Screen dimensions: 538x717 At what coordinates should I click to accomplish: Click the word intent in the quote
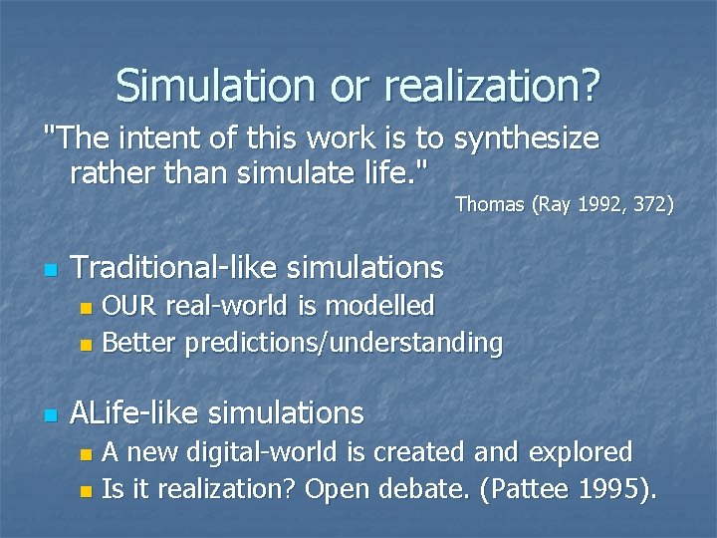pos(145,138)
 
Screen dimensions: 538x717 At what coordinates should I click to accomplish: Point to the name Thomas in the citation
pos(489,205)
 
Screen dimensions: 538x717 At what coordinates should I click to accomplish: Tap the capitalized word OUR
pos(130,306)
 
